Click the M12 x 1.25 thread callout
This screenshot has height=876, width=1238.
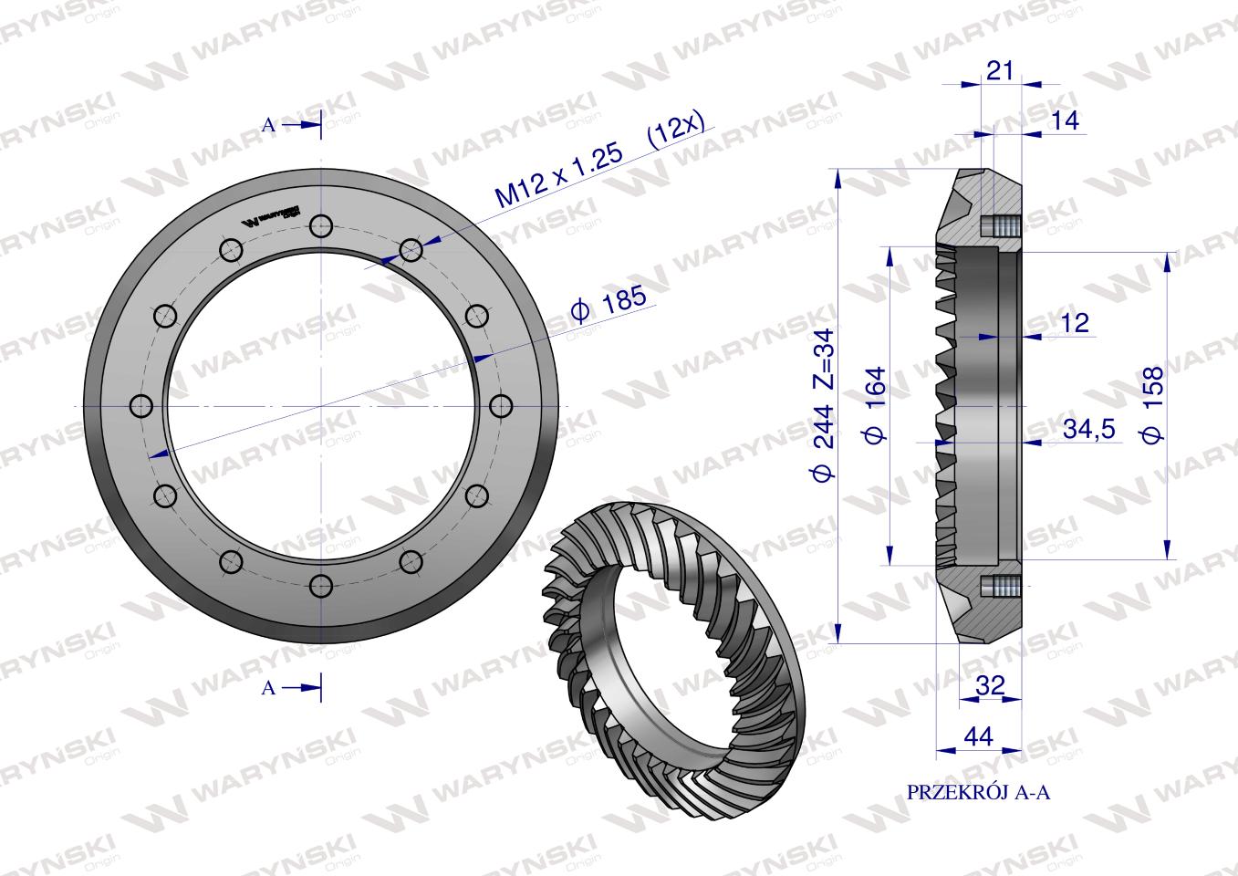pyautogui.click(x=558, y=174)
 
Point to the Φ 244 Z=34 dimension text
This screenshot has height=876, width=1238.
pyautogui.click(x=823, y=405)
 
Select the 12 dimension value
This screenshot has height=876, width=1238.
pyautogui.click(x=1075, y=323)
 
